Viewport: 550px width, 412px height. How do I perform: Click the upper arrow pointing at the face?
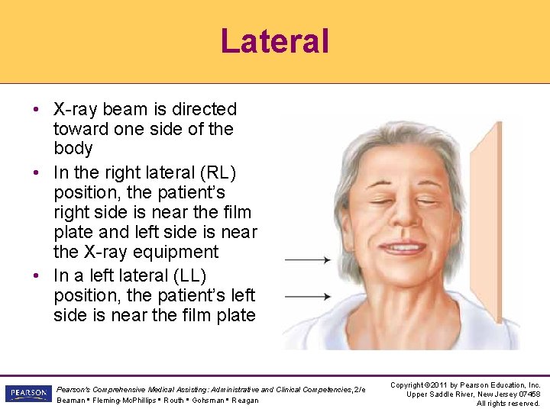306,260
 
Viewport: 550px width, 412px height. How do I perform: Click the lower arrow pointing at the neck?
306,296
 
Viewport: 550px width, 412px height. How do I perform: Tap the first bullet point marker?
37,109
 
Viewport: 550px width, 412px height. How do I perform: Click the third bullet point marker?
37,275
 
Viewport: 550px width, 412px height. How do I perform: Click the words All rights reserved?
508,403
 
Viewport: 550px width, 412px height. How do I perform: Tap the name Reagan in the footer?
245,401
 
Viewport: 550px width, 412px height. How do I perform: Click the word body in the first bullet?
73,149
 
